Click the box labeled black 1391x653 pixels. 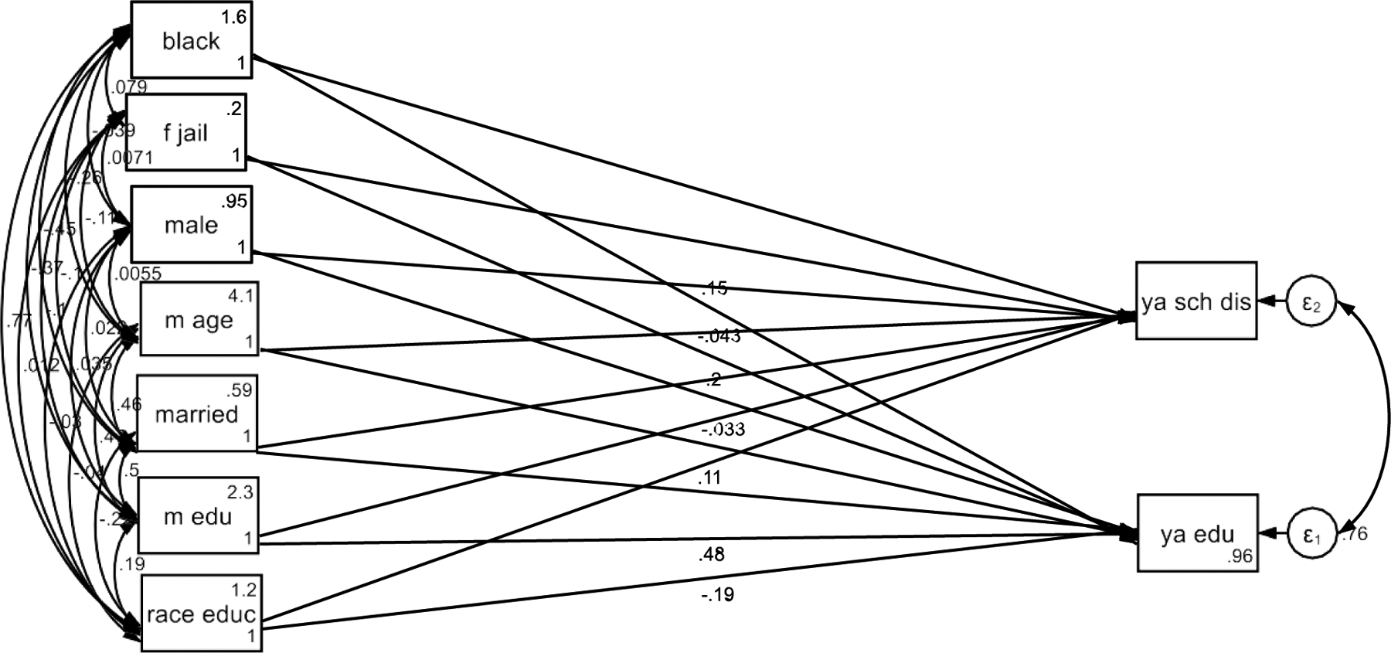tap(191, 40)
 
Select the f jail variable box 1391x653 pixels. tap(185, 133)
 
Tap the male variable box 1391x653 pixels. tap(191, 225)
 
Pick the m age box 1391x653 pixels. tap(199, 319)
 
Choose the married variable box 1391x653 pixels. tap(196, 414)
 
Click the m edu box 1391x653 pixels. tap(198, 516)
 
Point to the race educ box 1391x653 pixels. tap(201, 614)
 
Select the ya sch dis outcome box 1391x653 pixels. tap(1195, 301)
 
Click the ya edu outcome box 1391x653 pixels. tap(1197, 534)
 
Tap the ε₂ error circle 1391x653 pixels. tap(1311, 304)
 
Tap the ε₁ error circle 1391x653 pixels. tap(1311, 535)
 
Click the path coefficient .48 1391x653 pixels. tap(711, 554)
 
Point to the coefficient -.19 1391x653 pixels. tap(717, 594)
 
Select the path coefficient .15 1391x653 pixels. tap(714, 288)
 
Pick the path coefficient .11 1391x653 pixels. tap(709, 478)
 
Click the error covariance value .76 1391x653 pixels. tap(1353, 534)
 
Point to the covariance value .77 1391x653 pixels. tap(19, 321)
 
